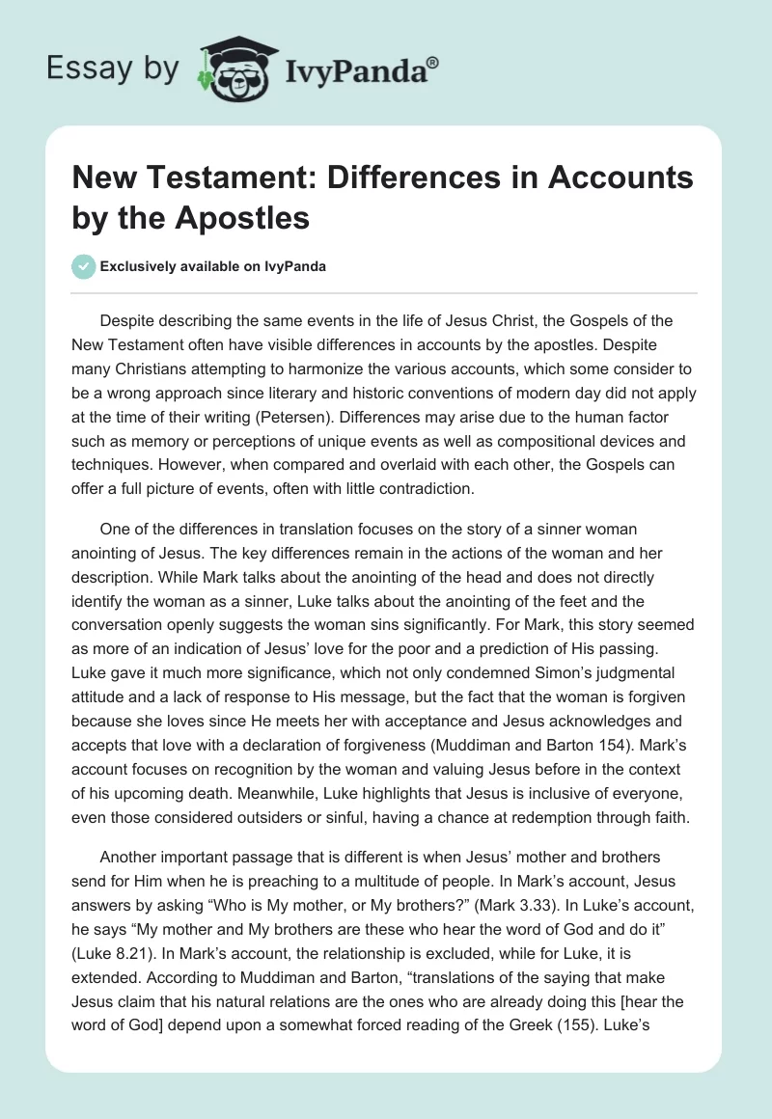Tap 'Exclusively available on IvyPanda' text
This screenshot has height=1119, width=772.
click(212, 266)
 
